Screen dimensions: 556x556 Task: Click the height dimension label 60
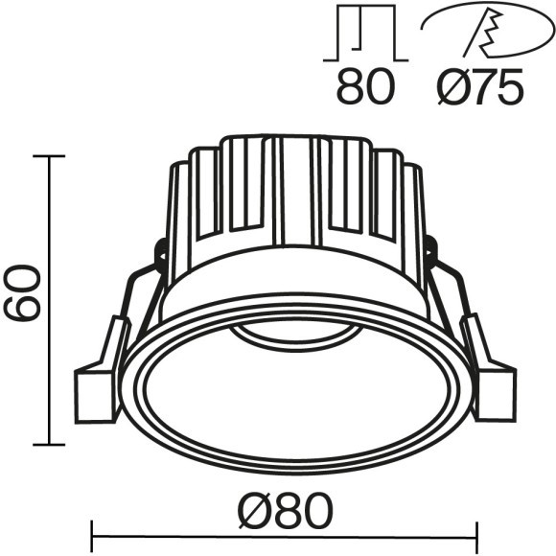point(21,293)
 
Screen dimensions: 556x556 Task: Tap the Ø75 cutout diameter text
point(480,86)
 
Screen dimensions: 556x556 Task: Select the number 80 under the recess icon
point(365,86)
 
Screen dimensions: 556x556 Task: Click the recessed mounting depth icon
point(365,33)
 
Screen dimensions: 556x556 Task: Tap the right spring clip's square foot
point(496,394)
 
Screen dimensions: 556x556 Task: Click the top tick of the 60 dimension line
point(49,155)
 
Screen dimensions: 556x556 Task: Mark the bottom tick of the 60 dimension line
point(49,444)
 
